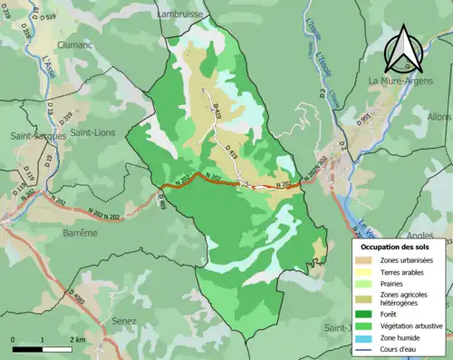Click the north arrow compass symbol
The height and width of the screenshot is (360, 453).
coord(404,50)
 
